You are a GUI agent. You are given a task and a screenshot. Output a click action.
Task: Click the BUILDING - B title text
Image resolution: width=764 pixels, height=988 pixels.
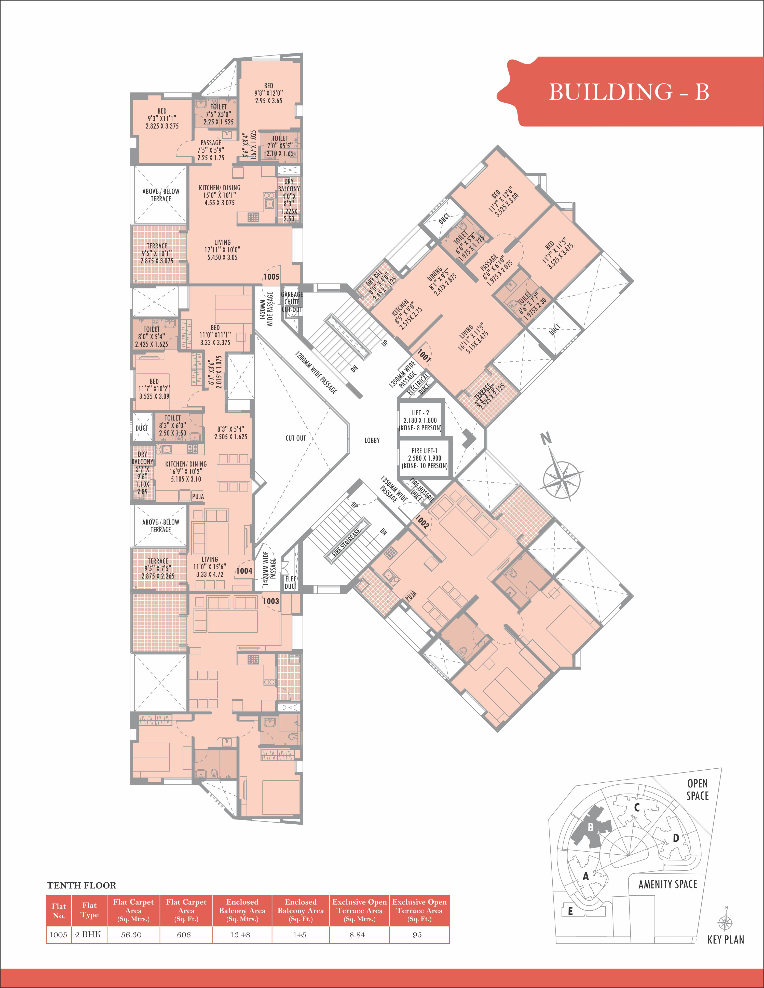tap(629, 92)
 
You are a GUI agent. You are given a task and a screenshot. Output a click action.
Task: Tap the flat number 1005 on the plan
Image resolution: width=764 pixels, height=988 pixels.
tap(271, 277)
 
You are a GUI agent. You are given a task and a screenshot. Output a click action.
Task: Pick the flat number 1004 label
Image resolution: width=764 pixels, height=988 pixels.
tap(244, 571)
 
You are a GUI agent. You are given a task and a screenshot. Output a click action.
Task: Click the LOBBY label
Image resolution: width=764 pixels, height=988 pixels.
tap(372, 440)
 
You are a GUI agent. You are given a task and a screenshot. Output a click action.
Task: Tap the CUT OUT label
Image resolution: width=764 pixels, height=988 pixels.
tap(296, 438)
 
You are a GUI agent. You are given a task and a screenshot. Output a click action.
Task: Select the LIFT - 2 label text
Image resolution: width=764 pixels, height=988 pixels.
tap(420, 413)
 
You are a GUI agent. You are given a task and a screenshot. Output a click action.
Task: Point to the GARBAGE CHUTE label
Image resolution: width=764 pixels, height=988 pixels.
tap(292, 298)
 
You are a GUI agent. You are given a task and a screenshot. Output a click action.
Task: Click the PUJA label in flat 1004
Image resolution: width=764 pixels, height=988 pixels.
tap(198, 496)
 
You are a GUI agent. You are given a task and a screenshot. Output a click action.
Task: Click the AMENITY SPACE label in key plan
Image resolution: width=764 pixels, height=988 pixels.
tap(667, 884)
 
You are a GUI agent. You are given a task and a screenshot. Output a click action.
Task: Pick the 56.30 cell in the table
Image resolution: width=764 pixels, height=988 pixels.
tap(131, 935)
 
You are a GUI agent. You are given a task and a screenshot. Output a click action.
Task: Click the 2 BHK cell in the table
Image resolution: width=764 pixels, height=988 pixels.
tap(88, 935)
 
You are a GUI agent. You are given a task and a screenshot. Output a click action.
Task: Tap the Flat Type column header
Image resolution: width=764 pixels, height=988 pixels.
tap(89, 910)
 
